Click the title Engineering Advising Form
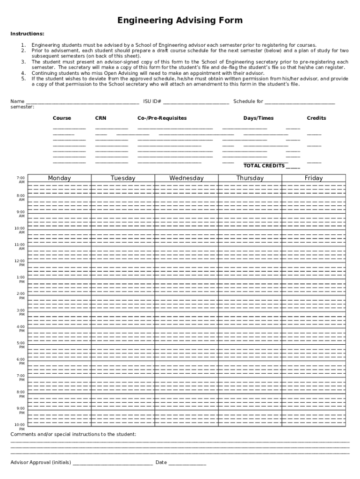pyautogui.click(x=180, y=21)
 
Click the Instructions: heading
pyautogui.click(x=28, y=34)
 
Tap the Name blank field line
pyautogui.click(x=82, y=102)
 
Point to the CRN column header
pyautogui.click(x=101, y=118)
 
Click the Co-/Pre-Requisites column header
pyautogui.click(x=162, y=118)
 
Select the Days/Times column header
pyautogui.click(x=258, y=118)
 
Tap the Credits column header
pyautogui.click(x=316, y=118)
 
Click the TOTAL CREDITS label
pyautogui.click(x=264, y=166)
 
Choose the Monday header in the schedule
pyautogui.click(x=59, y=178)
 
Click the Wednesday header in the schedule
pyautogui.click(x=187, y=178)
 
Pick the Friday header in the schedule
pyautogui.click(x=313, y=178)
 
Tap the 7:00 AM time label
pyautogui.click(x=21, y=180)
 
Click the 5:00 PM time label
pyautogui.click(x=21, y=345)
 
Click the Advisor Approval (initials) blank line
pyautogui.click(x=112, y=463)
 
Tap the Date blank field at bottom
pyautogui.click(x=187, y=463)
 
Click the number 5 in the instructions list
pyautogui.click(x=23, y=79)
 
